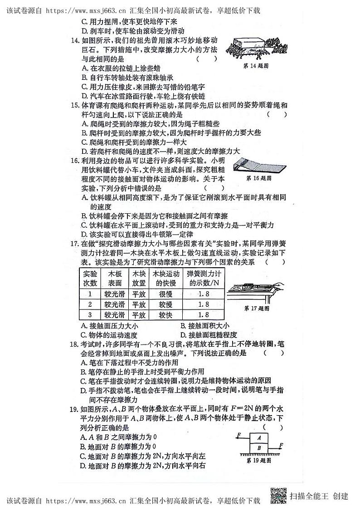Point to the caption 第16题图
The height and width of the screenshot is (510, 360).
[258, 179]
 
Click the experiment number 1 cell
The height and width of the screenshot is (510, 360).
[90, 294]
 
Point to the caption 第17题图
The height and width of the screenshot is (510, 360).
[257, 308]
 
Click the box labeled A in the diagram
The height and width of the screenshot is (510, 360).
[259, 438]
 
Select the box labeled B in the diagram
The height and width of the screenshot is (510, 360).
[259, 447]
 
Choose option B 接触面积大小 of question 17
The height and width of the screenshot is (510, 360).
[205, 326]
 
